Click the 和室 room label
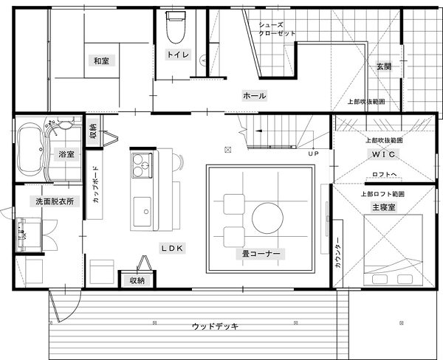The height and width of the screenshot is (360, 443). pos(101,60)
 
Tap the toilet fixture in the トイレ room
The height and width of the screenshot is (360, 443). pos(176,27)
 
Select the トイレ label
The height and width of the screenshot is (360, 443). pos(178,54)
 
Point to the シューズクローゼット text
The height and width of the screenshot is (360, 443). pos(277,29)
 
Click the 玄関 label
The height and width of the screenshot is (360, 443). pos(384,66)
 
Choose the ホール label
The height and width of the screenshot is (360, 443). pos(254,96)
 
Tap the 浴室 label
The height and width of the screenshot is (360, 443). pos(66,154)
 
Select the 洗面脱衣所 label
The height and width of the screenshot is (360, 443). pos(55,201)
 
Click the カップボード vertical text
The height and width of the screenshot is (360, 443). pos(96,184)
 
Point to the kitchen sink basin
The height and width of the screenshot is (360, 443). pos(142,212)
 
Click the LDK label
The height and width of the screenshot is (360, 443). pos(172,249)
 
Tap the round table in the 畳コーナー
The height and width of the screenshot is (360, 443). pos(267,218)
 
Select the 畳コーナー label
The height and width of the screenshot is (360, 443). pos(261,254)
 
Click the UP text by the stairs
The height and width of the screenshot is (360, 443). pos(313,153)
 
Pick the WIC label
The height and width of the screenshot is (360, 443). pos(383,154)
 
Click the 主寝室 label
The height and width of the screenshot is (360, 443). pos(384,207)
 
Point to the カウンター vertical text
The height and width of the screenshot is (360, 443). pos(338,252)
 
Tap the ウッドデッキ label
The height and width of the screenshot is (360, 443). pos(216,327)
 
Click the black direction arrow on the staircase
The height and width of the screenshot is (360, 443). pos(258,131)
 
